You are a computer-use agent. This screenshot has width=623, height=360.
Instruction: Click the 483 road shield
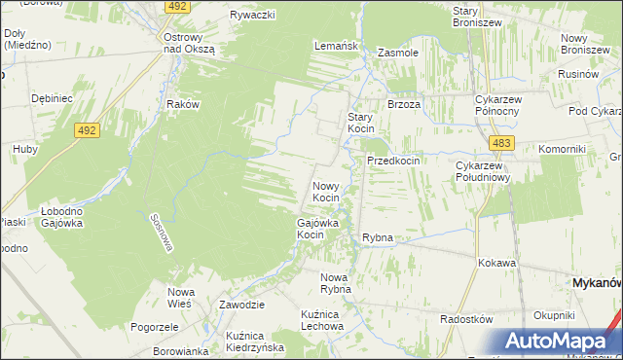(501, 143)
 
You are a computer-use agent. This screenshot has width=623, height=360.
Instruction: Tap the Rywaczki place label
(253, 15)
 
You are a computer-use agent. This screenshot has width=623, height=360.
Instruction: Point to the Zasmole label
(397, 53)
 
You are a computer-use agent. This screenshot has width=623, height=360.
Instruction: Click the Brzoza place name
(403, 104)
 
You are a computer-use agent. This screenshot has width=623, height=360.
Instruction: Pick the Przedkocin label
(392, 161)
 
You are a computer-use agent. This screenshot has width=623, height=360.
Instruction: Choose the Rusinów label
(576, 74)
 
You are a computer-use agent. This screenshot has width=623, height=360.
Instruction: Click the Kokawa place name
(496, 263)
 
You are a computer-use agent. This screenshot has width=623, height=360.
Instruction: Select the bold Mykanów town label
(594, 282)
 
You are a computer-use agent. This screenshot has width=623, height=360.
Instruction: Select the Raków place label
(183, 104)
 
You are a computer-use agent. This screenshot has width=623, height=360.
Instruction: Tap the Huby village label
(24, 149)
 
